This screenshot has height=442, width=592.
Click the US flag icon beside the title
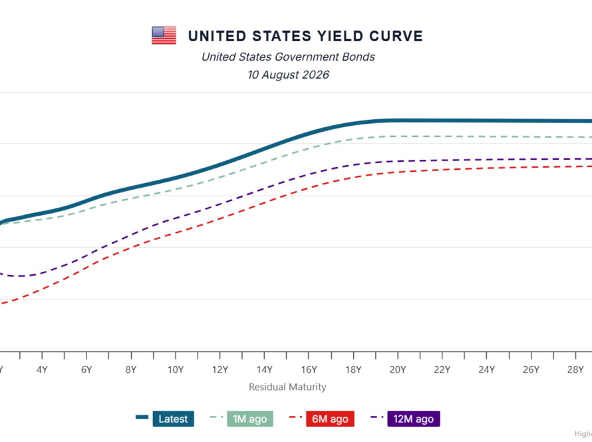(164, 35)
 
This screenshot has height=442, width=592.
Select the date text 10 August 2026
(289, 75)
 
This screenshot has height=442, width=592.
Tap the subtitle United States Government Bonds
(288, 57)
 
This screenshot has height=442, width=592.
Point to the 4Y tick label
(42, 369)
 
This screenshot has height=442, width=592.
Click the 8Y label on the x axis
(131, 369)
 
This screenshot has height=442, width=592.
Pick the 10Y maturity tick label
(176, 369)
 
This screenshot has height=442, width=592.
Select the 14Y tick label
(264, 369)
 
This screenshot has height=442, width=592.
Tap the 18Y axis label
(353, 369)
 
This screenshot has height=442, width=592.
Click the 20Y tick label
(398, 369)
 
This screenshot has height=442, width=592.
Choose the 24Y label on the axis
(487, 369)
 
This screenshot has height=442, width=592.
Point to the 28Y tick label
(575, 369)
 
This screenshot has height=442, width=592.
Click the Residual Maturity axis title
(288, 387)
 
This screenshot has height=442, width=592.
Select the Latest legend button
(174, 419)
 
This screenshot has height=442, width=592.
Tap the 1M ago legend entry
(250, 419)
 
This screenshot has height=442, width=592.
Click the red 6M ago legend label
(330, 419)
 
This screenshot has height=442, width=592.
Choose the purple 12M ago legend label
(414, 419)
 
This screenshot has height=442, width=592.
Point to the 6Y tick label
(86, 369)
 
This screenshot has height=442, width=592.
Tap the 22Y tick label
(442, 369)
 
